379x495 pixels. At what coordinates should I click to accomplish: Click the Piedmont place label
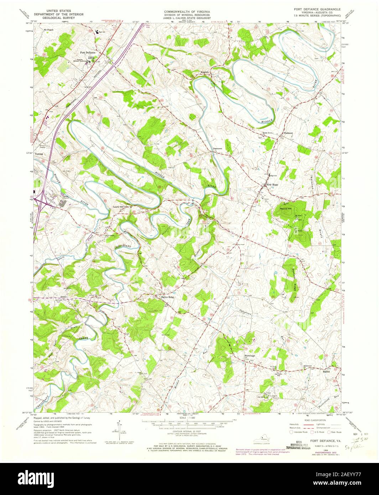pos(288,133)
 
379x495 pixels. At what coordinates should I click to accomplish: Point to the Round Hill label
pos(285,208)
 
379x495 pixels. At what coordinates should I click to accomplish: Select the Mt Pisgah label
pos(48,30)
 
